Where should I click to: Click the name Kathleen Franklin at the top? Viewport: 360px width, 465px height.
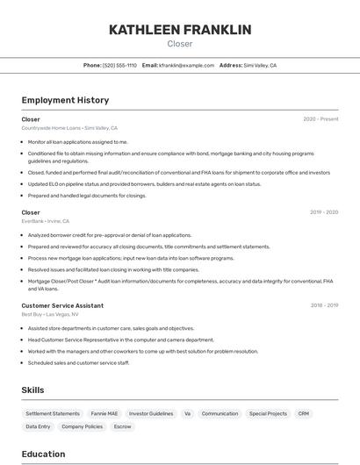pyautogui.click(x=180, y=30)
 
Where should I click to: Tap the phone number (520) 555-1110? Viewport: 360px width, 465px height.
pyautogui.click(x=119, y=66)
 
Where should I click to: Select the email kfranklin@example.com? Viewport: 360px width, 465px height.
pyautogui.click(x=186, y=66)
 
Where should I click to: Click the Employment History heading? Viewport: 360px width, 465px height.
pyautogui.click(x=65, y=100)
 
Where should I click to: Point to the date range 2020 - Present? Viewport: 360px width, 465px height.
pyautogui.click(x=320, y=119)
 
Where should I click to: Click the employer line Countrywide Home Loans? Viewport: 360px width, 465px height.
pyautogui.click(x=69, y=128)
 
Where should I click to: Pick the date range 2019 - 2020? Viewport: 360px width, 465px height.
pyautogui.click(x=324, y=212)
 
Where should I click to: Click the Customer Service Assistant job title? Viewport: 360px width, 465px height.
pyautogui.click(x=62, y=305)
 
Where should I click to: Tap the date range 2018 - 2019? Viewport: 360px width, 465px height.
pyautogui.click(x=324, y=305)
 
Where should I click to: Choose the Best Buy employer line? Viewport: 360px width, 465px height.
pyautogui.click(x=50, y=314)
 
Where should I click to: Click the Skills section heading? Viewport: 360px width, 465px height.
pyautogui.click(x=33, y=390)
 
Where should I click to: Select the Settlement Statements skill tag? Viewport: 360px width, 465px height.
pyautogui.click(x=53, y=413)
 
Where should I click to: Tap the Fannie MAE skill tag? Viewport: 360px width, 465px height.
pyautogui.click(x=104, y=413)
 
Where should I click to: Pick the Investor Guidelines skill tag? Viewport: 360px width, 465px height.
pyautogui.click(x=151, y=413)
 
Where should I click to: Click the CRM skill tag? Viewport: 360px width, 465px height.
pyautogui.click(x=303, y=413)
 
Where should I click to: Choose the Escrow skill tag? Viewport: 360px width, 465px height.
pyautogui.click(x=123, y=426)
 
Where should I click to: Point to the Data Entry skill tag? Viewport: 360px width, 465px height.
pyautogui.click(x=38, y=426)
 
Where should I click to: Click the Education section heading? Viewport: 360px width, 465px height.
pyautogui.click(x=43, y=454)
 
